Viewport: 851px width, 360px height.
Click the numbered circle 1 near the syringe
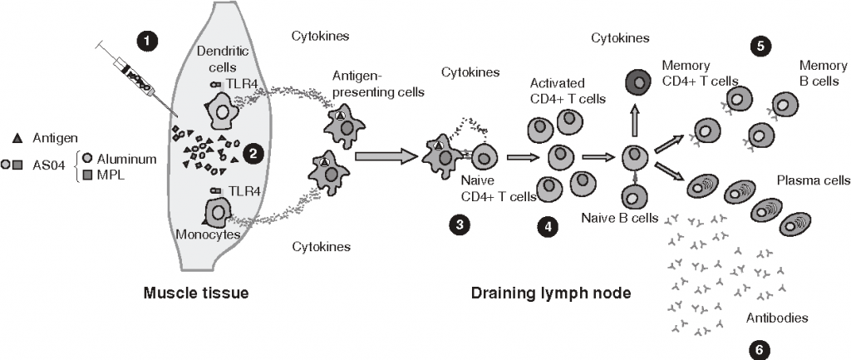point(147,40)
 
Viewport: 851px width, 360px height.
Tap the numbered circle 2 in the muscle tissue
point(249,152)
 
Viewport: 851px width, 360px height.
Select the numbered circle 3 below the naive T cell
point(456,224)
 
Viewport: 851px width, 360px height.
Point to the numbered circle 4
point(546,225)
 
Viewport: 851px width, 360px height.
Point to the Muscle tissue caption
point(196,293)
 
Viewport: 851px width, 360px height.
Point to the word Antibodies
point(778,318)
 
